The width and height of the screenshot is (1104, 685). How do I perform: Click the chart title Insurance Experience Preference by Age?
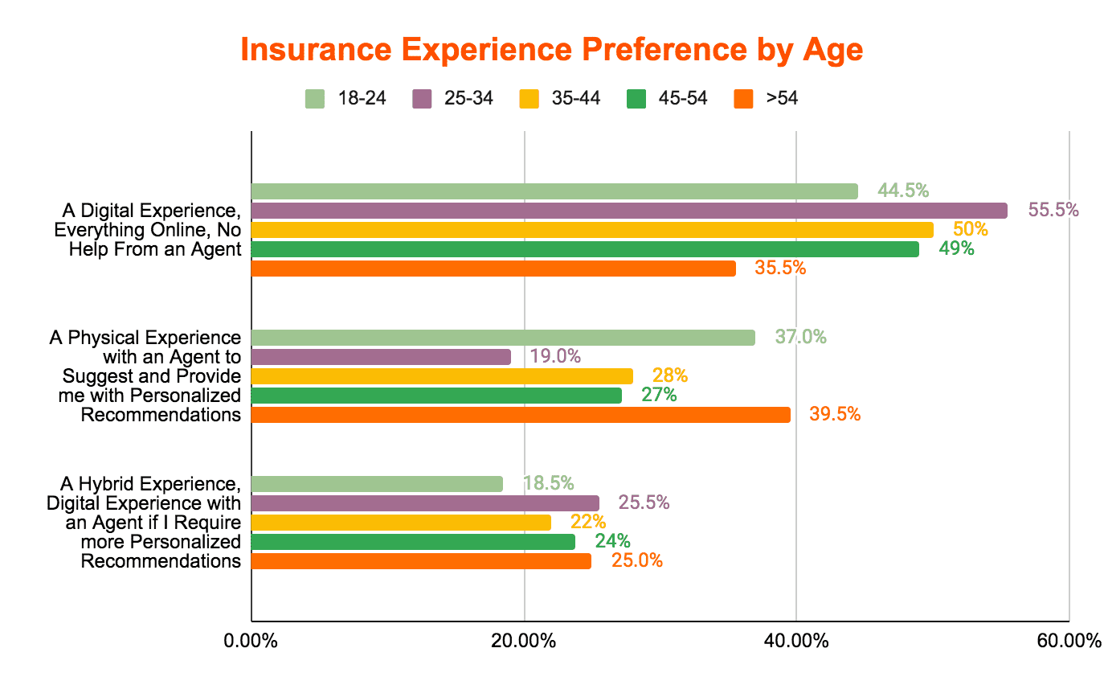point(551,50)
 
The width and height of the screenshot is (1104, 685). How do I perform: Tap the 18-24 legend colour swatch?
point(314,99)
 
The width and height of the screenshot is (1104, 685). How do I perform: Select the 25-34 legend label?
point(468,98)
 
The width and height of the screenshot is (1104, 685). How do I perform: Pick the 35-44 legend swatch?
point(529,99)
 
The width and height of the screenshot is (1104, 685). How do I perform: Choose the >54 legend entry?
point(766,99)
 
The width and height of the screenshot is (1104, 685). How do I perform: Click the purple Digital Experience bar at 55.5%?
point(629,211)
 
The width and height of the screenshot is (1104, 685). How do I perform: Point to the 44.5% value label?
point(903,191)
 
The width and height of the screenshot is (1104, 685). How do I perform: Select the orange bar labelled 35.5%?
point(493,269)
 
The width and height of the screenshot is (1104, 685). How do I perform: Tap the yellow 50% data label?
point(970,229)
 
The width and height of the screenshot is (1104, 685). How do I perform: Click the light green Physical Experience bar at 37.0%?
point(503,338)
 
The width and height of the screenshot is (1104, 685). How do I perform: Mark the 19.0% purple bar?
point(381,356)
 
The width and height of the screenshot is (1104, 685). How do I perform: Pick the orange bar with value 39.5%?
point(521,415)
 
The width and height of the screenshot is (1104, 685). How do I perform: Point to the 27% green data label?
point(659,395)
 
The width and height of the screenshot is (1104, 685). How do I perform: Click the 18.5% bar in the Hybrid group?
point(377,484)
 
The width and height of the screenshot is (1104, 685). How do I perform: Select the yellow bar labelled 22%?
point(401,523)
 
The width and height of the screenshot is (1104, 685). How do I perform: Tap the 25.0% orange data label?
point(637,560)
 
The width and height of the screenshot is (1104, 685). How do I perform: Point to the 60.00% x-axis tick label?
point(1069,641)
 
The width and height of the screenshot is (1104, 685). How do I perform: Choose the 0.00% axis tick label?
point(251,641)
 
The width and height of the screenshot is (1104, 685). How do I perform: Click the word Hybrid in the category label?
point(106,484)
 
